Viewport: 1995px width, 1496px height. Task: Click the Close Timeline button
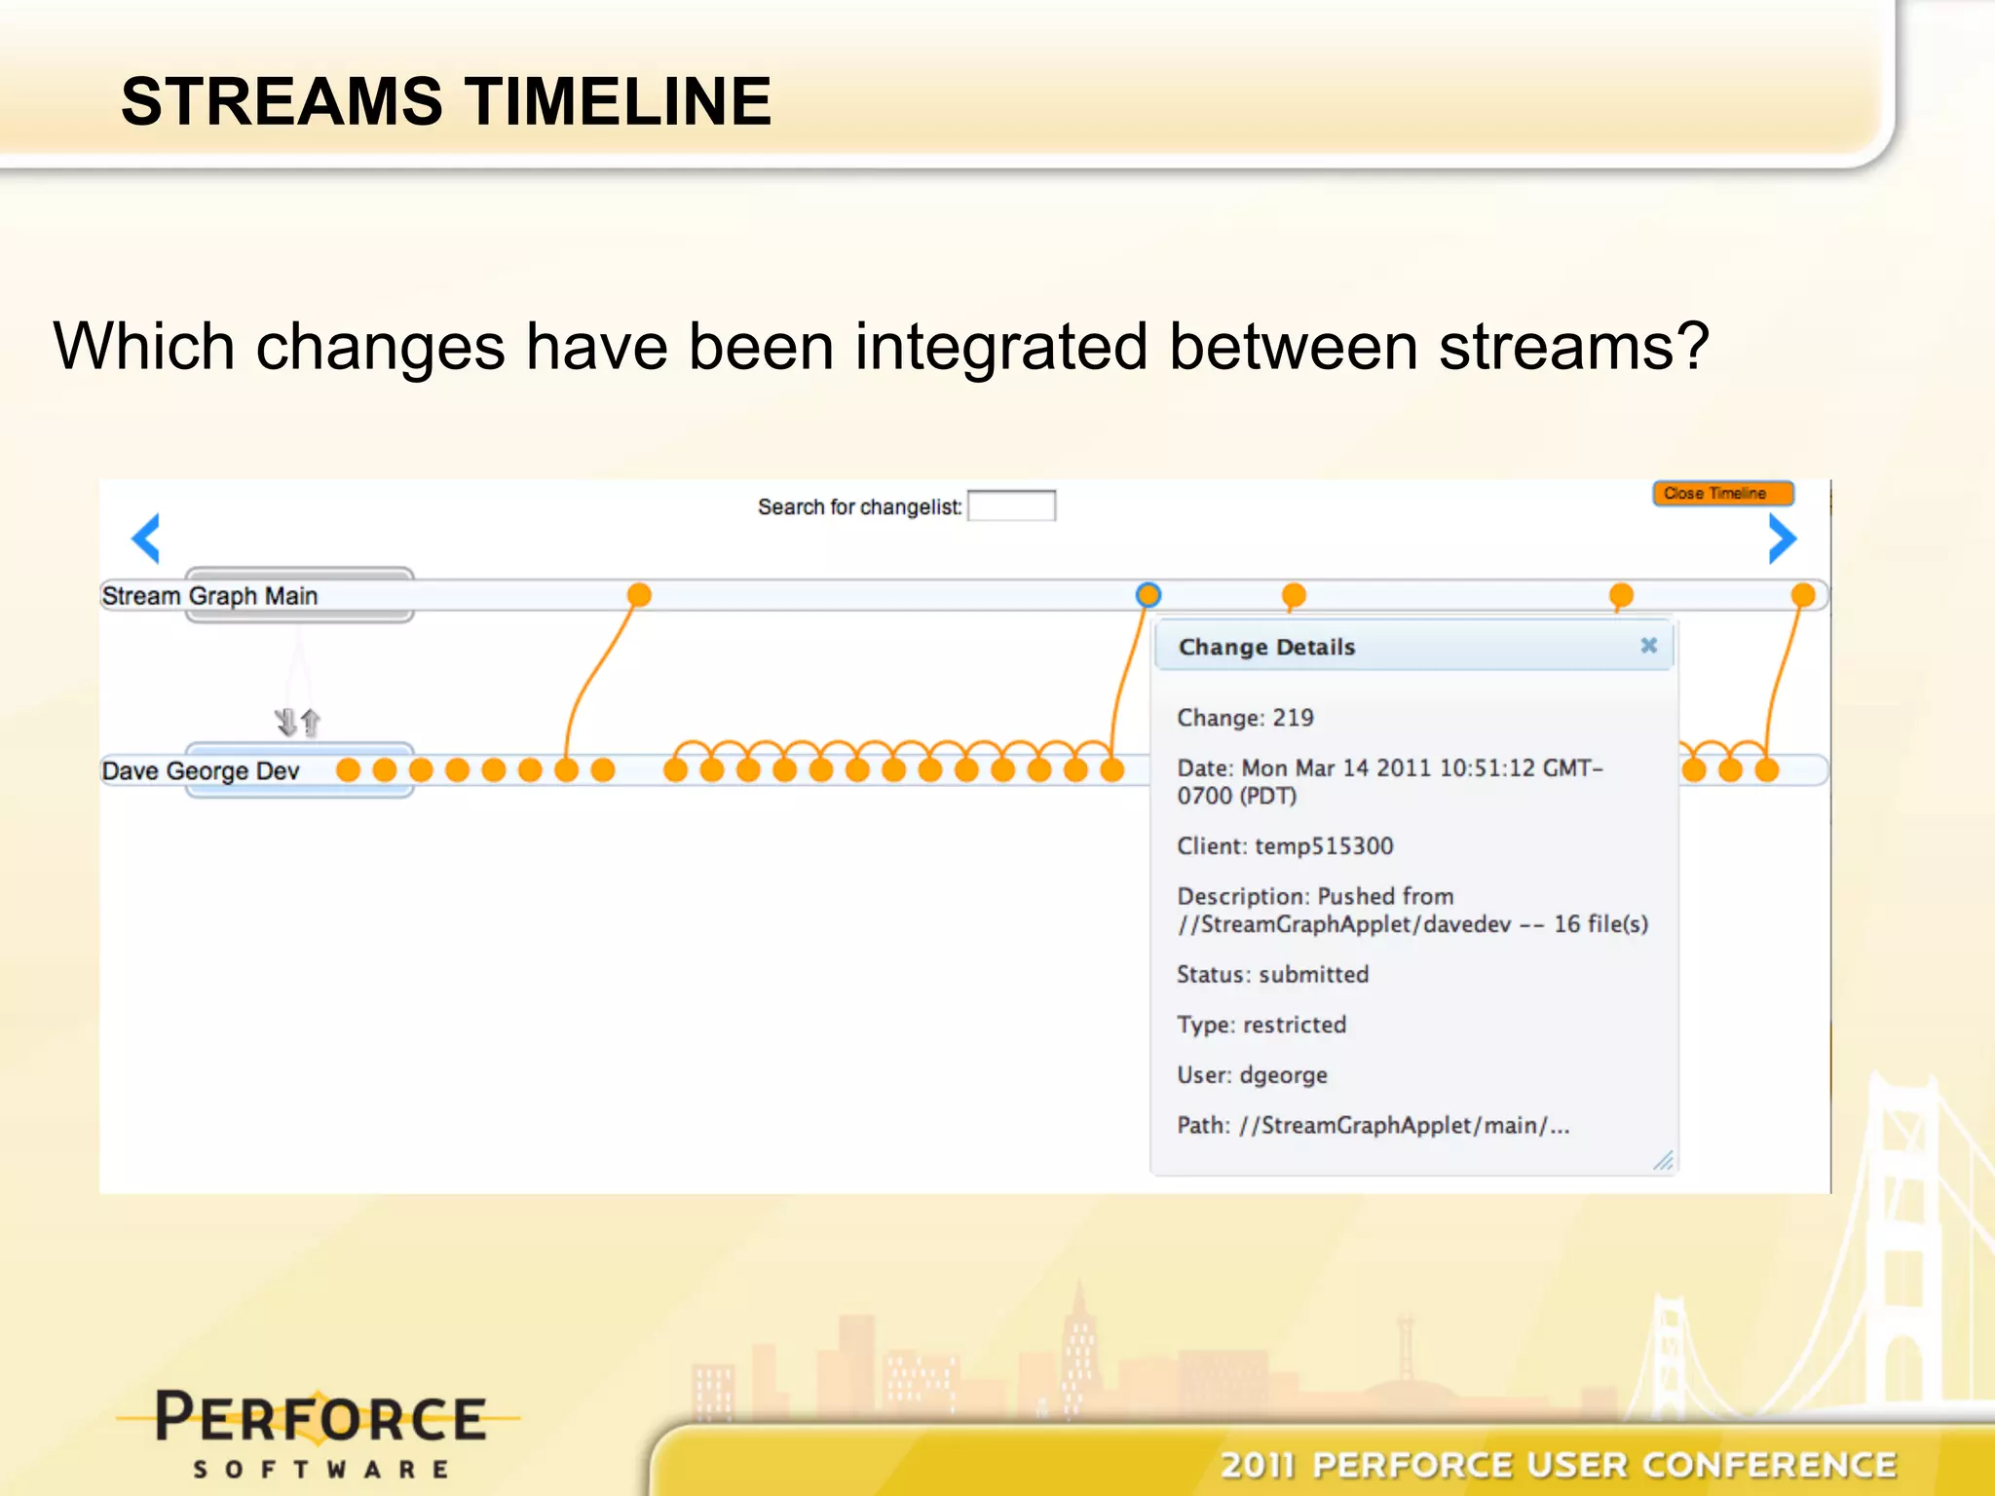click(x=1722, y=494)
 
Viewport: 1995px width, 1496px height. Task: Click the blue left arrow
click(x=146, y=539)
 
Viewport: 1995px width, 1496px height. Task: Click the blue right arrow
click(x=1782, y=539)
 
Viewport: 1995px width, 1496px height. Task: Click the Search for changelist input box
click(x=1011, y=506)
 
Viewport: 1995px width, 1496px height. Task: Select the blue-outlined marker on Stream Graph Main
click(x=1148, y=594)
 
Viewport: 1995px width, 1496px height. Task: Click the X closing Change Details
click(x=1648, y=646)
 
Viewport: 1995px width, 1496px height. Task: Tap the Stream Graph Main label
click(x=210, y=596)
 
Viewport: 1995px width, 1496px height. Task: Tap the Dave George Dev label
click(x=201, y=771)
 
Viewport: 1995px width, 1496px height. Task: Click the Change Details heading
click(x=1266, y=648)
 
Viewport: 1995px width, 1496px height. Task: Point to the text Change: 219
click(x=1245, y=718)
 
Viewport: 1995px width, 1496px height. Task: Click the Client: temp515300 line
click(x=1285, y=846)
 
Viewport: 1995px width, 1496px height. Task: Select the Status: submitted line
click(x=1272, y=975)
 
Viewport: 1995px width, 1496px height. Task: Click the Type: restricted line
click(x=1261, y=1025)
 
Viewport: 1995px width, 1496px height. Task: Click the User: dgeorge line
click(x=1252, y=1075)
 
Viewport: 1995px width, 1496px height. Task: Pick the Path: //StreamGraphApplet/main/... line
click(x=1373, y=1126)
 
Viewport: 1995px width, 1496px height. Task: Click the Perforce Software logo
click(x=320, y=1432)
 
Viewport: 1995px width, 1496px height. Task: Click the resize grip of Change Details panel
click(x=1664, y=1161)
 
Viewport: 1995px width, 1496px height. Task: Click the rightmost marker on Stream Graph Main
click(x=1803, y=594)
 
